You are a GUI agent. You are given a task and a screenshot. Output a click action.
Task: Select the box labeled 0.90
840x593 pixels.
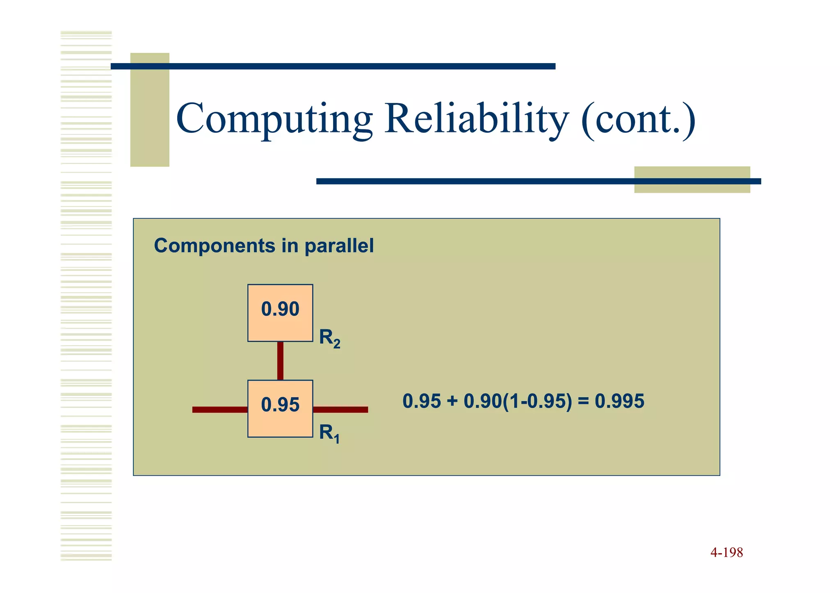(280, 313)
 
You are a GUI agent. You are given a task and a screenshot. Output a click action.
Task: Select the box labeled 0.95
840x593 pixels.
(280, 409)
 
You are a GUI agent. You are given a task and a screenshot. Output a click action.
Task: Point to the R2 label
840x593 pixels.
(329, 339)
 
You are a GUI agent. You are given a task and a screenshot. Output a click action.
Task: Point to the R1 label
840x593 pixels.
(329, 434)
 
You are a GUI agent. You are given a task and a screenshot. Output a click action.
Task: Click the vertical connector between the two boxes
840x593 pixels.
(280, 361)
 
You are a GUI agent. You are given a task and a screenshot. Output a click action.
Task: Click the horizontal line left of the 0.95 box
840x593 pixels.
(220, 409)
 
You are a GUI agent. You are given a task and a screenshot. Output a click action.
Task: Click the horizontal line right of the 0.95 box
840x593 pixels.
(340, 409)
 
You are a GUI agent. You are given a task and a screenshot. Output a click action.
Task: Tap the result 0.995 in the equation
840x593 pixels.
(619, 401)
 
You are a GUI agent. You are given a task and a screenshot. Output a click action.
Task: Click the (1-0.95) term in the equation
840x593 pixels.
(537, 401)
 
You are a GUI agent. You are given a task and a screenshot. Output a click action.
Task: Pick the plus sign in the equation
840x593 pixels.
(452, 401)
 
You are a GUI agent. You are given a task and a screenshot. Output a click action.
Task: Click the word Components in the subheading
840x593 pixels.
(215, 246)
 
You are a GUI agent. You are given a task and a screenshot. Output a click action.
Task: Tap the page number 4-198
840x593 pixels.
(726, 552)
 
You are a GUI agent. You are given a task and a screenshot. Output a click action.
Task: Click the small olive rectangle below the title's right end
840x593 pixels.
(692, 179)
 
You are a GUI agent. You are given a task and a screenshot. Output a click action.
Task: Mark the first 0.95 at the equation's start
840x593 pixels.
(421, 401)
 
